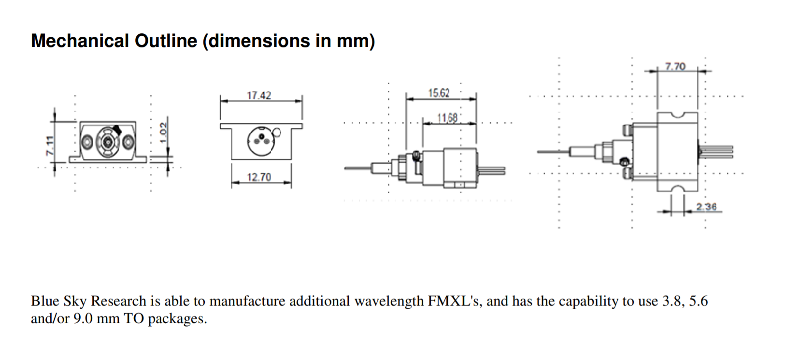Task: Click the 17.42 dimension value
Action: point(259,95)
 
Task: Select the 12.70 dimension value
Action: point(259,177)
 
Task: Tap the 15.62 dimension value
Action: point(439,93)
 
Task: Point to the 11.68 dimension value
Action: point(447,117)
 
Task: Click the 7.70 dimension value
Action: point(675,66)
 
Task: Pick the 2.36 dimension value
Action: point(706,207)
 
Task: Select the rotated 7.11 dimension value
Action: point(49,145)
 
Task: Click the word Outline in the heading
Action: point(166,41)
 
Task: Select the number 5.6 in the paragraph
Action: point(698,301)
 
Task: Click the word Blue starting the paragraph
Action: point(44,301)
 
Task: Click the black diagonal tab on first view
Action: point(117,130)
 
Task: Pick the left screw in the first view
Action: point(87,143)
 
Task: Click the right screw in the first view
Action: point(128,143)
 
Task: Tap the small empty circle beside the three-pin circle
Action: point(277,132)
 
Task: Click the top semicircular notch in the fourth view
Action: point(678,115)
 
